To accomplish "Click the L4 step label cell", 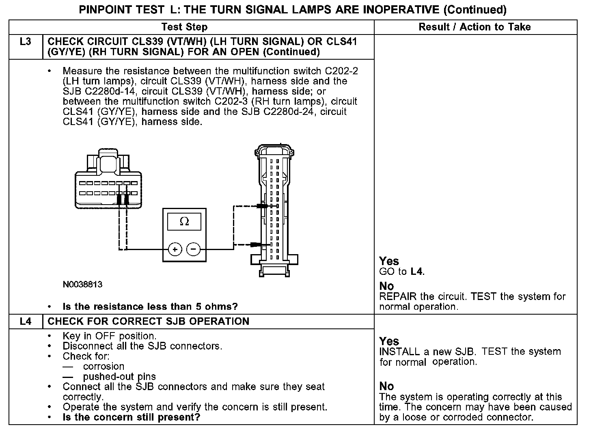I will click(25, 322).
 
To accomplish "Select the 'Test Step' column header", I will click(184, 27).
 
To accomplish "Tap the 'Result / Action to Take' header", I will click(475, 27).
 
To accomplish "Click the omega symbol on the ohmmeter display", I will click(184, 222).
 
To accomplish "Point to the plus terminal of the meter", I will click(175, 249).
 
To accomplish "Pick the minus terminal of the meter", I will click(194, 249).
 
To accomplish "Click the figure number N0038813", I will click(82, 285).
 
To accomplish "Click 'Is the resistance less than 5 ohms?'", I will click(150, 306).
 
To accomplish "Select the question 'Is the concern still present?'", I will click(132, 417).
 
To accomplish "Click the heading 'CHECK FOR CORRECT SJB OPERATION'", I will click(149, 322).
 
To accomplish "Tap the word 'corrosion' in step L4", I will click(104, 367).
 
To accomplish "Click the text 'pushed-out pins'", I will click(119, 377).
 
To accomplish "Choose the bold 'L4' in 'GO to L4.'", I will click(417, 272).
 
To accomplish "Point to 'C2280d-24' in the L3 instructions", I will click(289, 112).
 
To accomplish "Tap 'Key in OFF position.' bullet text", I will click(109, 336).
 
